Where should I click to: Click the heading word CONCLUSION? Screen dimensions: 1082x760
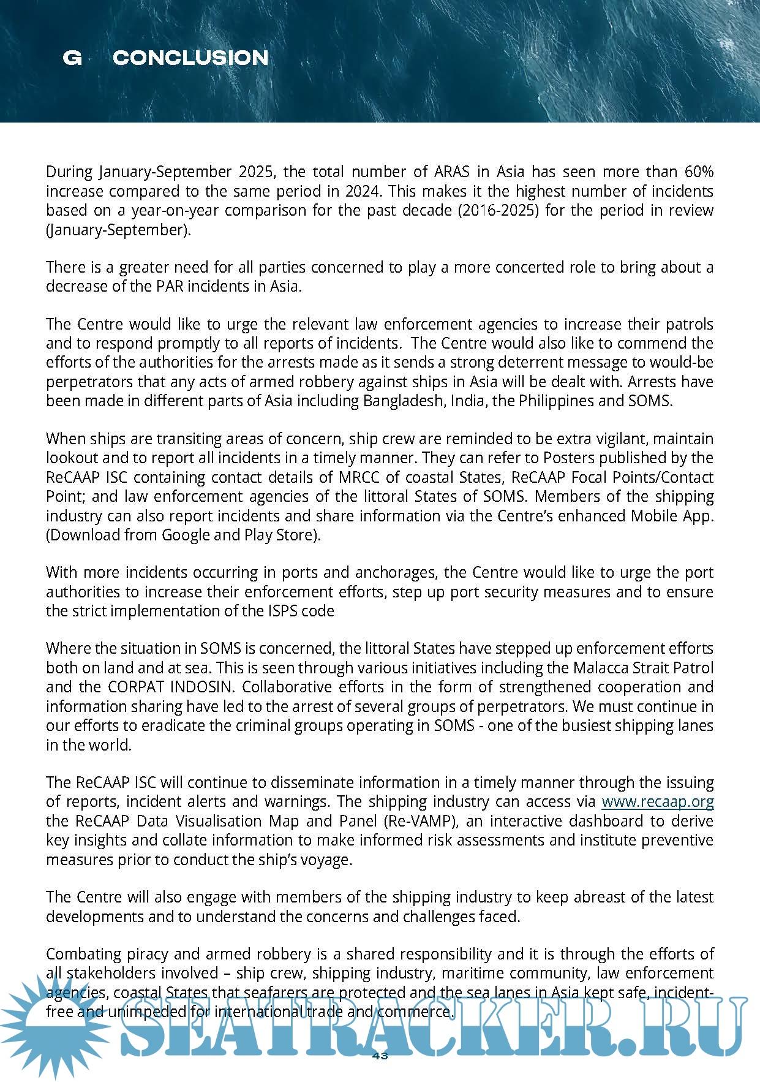point(190,58)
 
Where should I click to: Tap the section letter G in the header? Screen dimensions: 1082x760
point(72,58)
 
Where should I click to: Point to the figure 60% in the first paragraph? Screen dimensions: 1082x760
point(698,172)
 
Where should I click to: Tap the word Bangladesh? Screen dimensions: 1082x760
point(404,401)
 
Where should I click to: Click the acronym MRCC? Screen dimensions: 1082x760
point(353,477)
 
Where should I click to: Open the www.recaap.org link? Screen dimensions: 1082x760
point(657,801)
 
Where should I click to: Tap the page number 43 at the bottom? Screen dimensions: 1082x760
point(380,1056)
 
